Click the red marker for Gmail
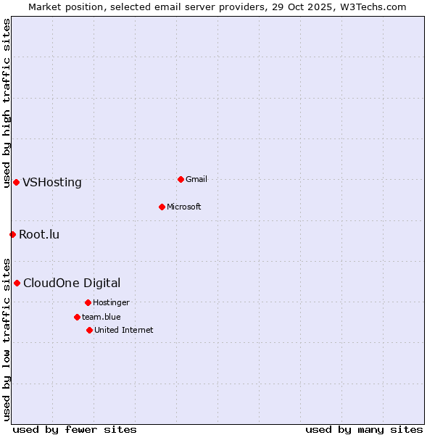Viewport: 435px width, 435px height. [x=181, y=179]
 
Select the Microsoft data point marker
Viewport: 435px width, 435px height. [x=162, y=207]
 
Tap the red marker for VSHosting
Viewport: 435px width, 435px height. [x=16, y=182]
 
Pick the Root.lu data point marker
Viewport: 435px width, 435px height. [x=12, y=234]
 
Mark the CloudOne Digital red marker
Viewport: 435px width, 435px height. [x=17, y=283]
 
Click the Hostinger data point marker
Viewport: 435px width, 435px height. [x=88, y=302]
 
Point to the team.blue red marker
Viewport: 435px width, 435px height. [x=77, y=317]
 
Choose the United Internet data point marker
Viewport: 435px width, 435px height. [x=89, y=330]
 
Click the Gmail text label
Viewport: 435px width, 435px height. [x=196, y=179]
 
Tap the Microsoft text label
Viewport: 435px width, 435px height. [x=184, y=207]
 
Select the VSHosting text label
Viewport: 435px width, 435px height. [x=52, y=182]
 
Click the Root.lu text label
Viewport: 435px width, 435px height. [x=39, y=234]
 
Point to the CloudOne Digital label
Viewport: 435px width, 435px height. [x=72, y=283]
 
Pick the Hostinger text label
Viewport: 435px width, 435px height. [x=111, y=302]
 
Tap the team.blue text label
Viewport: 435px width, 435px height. [x=101, y=317]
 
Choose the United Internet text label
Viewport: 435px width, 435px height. [x=124, y=330]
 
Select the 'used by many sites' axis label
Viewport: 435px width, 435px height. [x=364, y=429]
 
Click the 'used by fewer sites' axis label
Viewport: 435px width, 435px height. [x=75, y=429]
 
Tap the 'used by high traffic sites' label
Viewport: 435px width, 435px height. [x=7, y=103]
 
